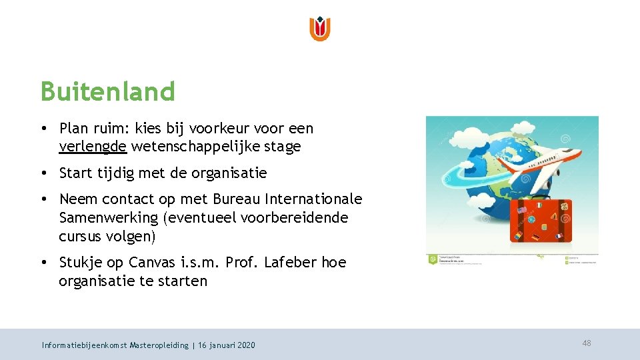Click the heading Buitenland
[x=107, y=91]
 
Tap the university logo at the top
[x=320, y=29]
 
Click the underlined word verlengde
[x=93, y=146]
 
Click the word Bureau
[x=237, y=199]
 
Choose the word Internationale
[x=314, y=199]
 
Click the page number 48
[x=587, y=343]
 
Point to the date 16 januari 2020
[x=227, y=345]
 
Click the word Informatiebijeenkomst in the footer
[x=84, y=345]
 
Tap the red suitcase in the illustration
[x=541, y=221]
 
